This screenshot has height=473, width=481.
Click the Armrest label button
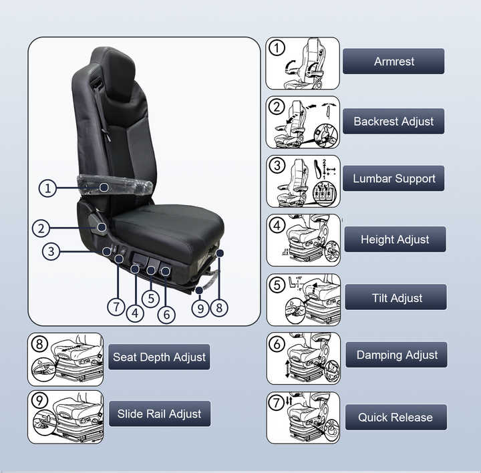pyautogui.click(x=393, y=61)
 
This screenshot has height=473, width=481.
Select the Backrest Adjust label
pyautogui.click(x=393, y=122)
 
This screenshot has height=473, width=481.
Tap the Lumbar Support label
pyautogui.click(x=393, y=179)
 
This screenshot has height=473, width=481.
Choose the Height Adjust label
pyautogui.click(x=395, y=239)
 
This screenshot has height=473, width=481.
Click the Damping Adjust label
pyautogui.click(x=396, y=355)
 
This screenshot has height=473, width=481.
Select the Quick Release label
pyautogui.click(x=395, y=418)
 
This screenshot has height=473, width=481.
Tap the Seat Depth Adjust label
pyautogui.click(x=159, y=357)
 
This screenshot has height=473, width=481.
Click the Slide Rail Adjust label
pyautogui.click(x=159, y=414)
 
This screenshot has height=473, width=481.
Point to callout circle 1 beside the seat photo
pyautogui.click(x=47, y=188)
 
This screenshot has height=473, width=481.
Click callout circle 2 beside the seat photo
pyautogui.click(x=41, y=228)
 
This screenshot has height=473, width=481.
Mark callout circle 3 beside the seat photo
pyautogui.click(x=51, y=252)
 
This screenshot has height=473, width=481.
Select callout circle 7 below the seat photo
pyautogui.click(x=117, y=307)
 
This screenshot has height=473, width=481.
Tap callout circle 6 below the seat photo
pyautogui.click(x=166, y=313)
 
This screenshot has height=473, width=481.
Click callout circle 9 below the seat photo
pyautogui.click(x=200, y=309)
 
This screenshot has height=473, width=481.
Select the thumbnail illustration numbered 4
pyautogui.click(x=303, y=240)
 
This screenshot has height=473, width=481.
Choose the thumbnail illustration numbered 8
pyautogui.click(x=65, y=359)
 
